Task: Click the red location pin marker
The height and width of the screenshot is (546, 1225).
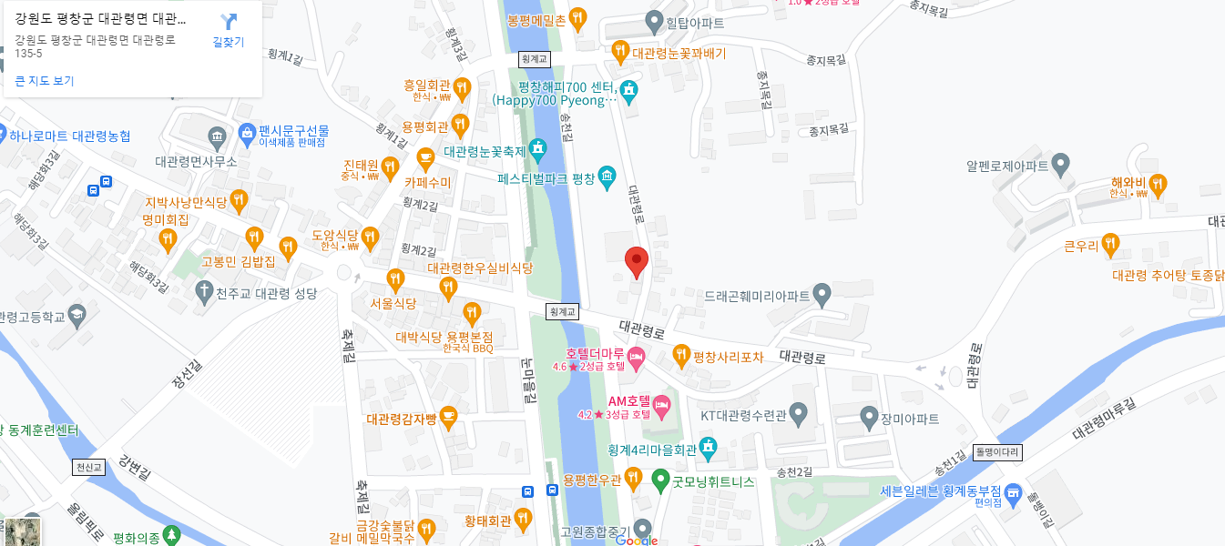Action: pos(637,260)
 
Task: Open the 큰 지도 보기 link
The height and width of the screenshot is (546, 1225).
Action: pos(45,81)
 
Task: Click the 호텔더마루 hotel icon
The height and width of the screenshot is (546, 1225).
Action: pos(636,354)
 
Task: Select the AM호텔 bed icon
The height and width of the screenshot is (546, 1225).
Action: pos(662,402)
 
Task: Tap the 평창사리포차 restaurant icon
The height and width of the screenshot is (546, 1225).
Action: pos(680,354)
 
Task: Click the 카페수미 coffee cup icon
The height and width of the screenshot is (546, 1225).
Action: pos(424,158)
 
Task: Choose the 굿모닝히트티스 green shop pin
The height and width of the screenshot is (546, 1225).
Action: pos(661,479)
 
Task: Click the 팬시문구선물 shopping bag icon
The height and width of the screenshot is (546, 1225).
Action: pos(246,133)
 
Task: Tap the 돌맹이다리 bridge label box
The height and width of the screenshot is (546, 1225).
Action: pos(998,452)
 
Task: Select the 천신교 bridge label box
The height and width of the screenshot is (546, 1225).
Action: pos(89,467)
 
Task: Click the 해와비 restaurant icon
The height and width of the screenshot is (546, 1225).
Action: pos(1158,185)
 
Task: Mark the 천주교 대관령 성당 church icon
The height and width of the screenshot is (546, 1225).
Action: pos(204,290)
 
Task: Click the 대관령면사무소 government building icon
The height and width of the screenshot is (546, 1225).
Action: pos(217,138)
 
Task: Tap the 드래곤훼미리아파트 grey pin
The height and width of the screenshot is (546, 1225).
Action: pos(822,294)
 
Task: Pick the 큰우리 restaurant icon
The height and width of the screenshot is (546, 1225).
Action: pos(1109,243)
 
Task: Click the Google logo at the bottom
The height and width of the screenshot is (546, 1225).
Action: pos(637,540)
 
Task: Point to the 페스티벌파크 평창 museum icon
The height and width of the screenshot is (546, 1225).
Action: pos(607,177)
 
